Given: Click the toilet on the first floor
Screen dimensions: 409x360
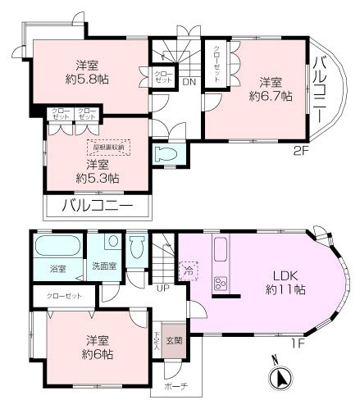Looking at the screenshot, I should coord(137,247).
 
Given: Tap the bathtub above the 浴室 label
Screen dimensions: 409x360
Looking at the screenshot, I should coord(57,246).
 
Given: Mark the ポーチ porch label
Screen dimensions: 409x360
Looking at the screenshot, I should coord(175,386).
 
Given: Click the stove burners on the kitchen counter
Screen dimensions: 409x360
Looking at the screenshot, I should coord(221,284).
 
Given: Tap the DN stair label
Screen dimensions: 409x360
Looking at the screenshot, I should coord(188,81).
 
